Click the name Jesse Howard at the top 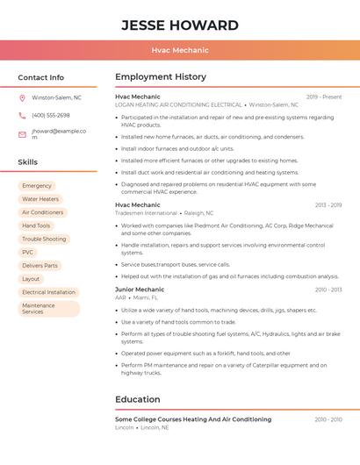click(179, 25)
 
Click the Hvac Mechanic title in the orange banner click(179, 51)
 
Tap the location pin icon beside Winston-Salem click(22, 97)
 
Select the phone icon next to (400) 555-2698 click(22, 116)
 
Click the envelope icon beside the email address click(22, 134)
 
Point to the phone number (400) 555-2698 click(51, 116)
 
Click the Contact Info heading click(41, 77)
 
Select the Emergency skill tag click(37, 186)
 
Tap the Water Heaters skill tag click(40, 199)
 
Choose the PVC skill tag click(28, 252)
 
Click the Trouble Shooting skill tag click(44, 239)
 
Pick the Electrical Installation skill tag click(48, 292)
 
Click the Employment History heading click(161, 77)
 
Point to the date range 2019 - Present click(323, 97)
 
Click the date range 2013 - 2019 click(328, 205)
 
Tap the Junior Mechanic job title click(140, 290)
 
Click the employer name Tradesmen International click(146, 213)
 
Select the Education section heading click(138, 399)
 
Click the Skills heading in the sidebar click(28, 162)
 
